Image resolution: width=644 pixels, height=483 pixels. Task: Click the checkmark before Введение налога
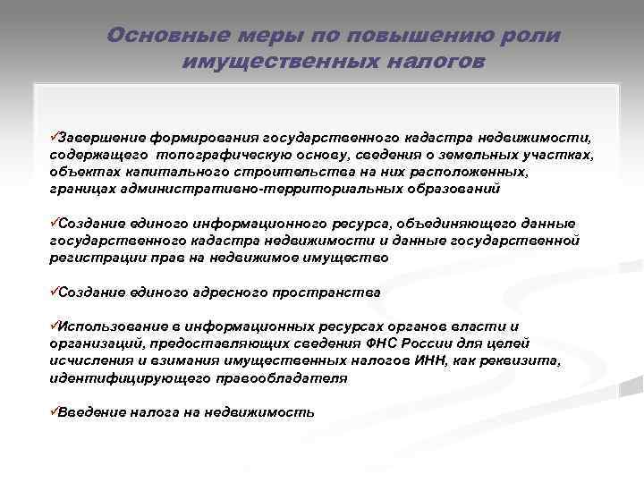pos(53,411)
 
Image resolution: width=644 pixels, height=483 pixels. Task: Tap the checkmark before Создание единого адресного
pos(53,292)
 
